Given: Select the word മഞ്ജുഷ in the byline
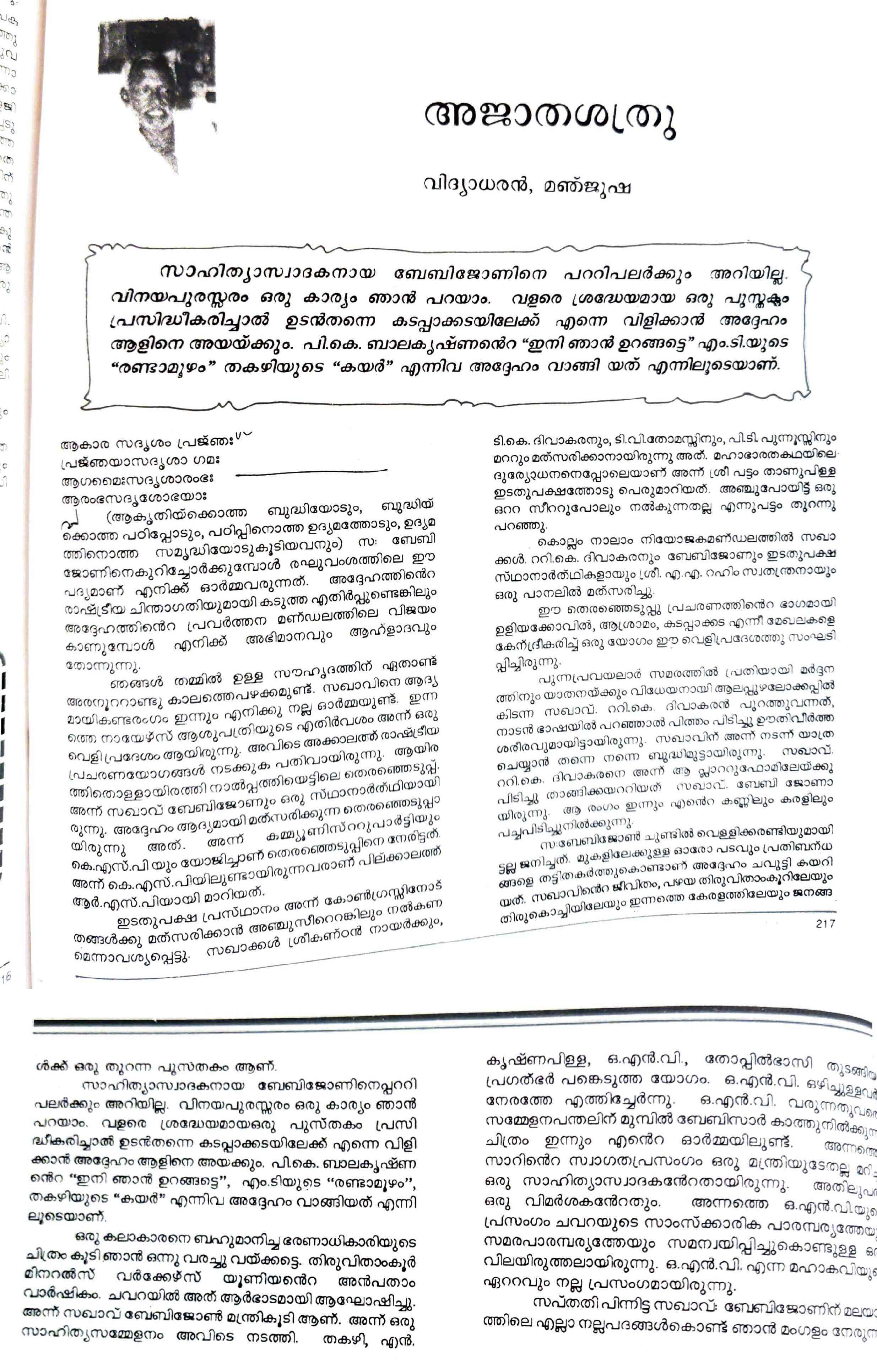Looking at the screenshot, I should pyautogui.click(x=586, y=186).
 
